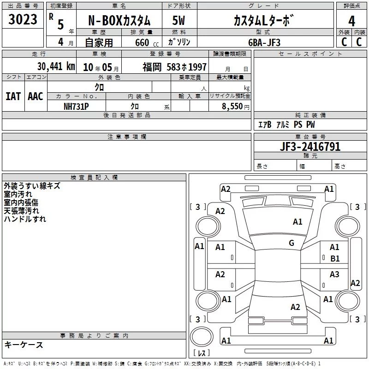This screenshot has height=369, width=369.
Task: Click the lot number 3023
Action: click(x=23, y=19)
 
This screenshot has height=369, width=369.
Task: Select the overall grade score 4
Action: click(x=351, y=21)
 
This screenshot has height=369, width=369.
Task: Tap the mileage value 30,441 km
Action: click(x=56, y=66)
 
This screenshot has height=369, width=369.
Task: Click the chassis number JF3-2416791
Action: click(x=310, y=147)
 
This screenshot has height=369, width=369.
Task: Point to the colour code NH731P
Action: click(x=76, y=107)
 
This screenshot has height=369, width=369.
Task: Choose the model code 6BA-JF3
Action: click(x=264, y=42)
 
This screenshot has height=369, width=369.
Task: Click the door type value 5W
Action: click(x=179, y=20)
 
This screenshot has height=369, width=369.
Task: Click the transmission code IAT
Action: click(x=13, y=96)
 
